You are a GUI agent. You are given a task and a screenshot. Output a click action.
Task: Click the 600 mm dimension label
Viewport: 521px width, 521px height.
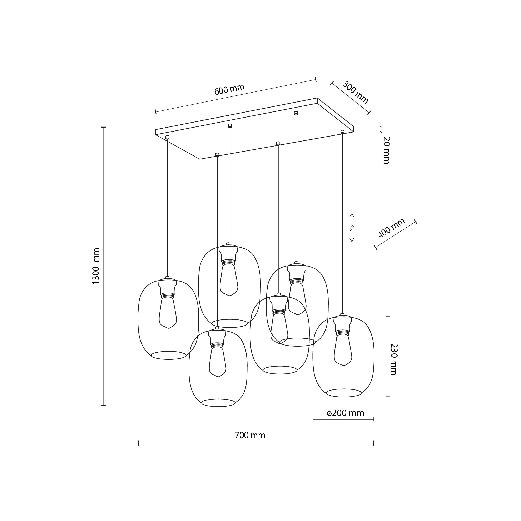tap(229, 89)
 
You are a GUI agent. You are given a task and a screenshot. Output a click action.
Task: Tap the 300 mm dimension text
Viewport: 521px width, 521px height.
tap(355, 93)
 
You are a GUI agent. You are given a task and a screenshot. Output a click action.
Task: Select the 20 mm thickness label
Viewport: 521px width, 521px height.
tap(386, 150)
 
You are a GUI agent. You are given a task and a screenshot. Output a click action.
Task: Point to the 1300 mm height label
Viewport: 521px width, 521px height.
tap(96, 266)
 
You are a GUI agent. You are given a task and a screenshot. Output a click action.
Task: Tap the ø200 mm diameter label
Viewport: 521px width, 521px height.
tap(346, 413)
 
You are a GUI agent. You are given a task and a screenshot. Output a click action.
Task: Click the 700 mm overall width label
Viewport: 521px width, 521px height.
tap(250, 436)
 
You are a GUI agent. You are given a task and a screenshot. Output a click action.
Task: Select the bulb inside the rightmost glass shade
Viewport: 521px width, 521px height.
tap(343, 349)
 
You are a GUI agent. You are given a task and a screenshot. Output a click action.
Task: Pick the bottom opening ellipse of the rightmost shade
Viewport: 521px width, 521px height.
tap(344, 393)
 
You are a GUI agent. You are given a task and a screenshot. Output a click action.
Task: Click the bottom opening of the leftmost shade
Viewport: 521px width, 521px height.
tap(169, 355)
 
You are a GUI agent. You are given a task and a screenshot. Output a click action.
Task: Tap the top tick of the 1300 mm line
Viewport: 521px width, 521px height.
tap(104, 127)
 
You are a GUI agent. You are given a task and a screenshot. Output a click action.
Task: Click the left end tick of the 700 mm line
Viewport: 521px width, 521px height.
tap(138, 443)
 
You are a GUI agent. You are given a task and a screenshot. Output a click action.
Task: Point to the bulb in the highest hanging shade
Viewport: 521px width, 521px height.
tap(229, 279)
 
